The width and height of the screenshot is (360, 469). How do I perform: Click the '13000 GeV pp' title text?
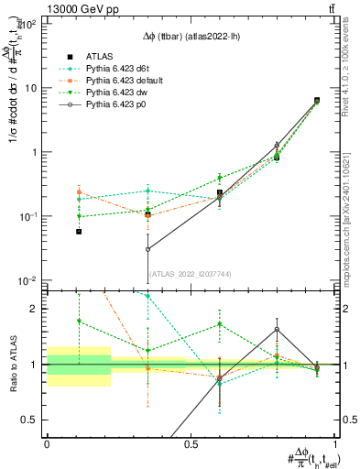point(47,7)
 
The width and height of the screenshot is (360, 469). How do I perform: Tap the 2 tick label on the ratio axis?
point(33,309)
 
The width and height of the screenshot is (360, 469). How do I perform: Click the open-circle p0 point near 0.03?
point(148,249)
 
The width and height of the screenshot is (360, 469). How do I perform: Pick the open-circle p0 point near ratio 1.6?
point(277,329)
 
